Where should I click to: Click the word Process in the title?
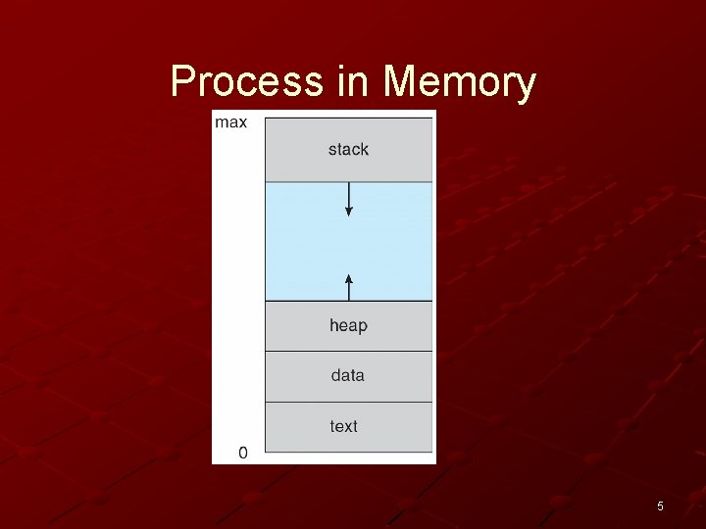(x=246, y=82)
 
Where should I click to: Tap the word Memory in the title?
(x=460, y=82)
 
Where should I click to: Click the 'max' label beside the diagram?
(x=231, y=122)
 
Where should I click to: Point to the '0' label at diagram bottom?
(x=243, y=453)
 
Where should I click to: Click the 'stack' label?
(x=348, y=150)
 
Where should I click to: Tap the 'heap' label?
(x=348, y=325)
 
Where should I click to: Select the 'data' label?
(x=348, y=375)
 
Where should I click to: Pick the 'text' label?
(x=344, y=426)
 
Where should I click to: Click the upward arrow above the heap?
(x=349, y=287)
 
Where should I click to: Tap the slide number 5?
(x=660, y=506)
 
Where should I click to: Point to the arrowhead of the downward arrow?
(x=349, y=212)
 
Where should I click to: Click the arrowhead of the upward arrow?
(x=349, y=278)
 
